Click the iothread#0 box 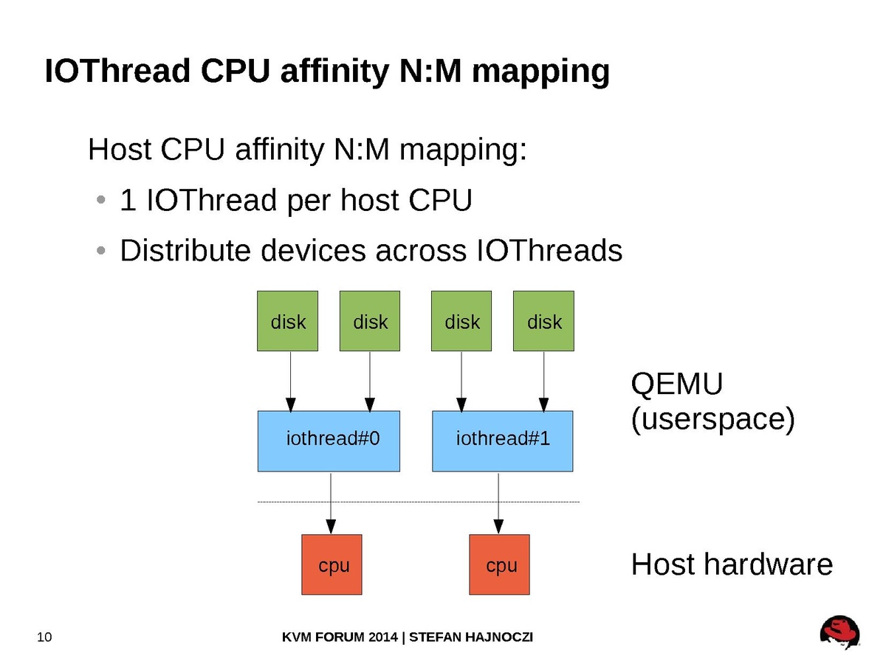(x=329, y=441)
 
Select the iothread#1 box (x=502, y=441)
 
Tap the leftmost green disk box (x=287, y=321)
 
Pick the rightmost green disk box (x=543, y=321)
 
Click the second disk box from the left (x=370, y=321)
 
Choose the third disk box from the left (x=461, y=321)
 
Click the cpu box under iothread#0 (x=332, y=564)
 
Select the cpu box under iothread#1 (x=499, y=564)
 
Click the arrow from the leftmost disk (x=290, y=381)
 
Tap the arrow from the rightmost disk (x=544, y=381)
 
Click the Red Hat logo (x=839, y=633)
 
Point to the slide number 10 (x=44, y=637)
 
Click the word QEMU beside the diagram (x=676, y=385)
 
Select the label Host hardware (x=731, y=565)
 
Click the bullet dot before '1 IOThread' (x=100, y=201)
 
